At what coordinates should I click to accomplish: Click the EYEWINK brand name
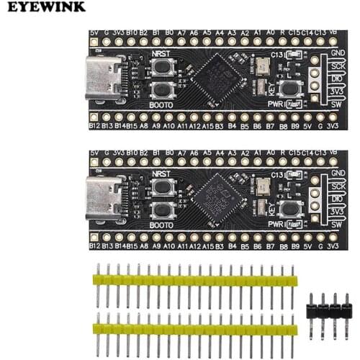click(x=44, y=6)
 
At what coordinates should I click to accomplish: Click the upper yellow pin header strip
click(x=194, y=279)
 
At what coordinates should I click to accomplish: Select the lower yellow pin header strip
click(x=194, y=329)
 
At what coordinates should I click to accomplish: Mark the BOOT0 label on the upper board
click(x=162, y=103)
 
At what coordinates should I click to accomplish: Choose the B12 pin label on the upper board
click(x=94, y=126)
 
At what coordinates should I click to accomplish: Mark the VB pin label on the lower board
click(x=332, y=153)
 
